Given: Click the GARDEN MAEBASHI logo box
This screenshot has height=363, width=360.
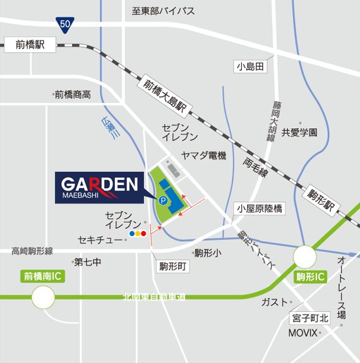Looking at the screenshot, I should pyautogui.click(x=100, y=187).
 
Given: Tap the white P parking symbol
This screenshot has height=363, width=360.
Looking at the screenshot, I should pyautogui.click(x=164, y=201).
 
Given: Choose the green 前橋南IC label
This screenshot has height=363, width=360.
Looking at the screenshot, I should pyautogui.click(x=43, y=277).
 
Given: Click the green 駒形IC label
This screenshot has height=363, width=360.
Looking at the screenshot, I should pyautogui.click(x=309, y=277).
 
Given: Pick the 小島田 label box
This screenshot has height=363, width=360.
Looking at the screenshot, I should pyautogui.click(x=249, y=66).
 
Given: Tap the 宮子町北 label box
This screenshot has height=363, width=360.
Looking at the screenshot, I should pyautogui.click(x=310, y=318).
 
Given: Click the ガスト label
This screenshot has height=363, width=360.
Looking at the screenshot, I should pyautogui.click(x=273, y=302).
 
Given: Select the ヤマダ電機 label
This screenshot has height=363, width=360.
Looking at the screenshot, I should pyautogui.click(x=203, y=155).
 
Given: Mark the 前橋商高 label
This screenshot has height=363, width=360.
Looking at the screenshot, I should pyautogui.click(x=72, y=95).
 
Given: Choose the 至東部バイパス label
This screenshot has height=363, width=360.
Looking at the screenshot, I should pyautogui.click(x=163, y=11).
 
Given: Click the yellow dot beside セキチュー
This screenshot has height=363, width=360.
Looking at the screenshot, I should pyautogui.click(x=138, y=233).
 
